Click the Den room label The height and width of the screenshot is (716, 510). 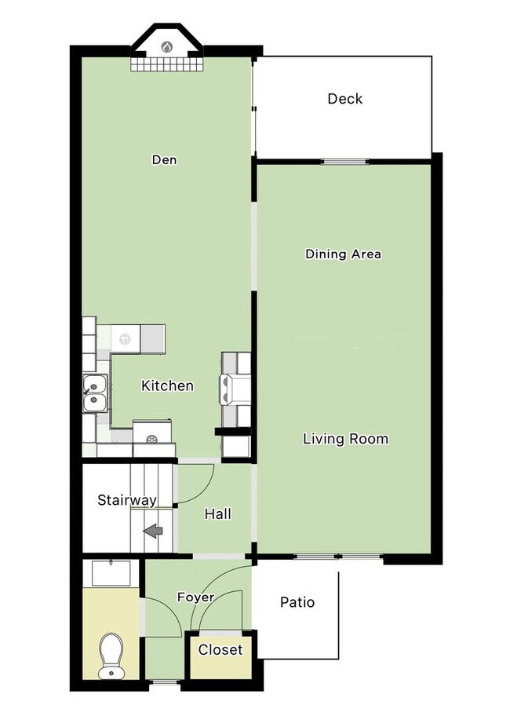pos(164,160)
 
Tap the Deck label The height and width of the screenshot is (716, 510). pos(345,99)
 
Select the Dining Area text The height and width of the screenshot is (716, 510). pos(343,254)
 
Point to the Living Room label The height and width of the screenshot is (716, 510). pos(346,439)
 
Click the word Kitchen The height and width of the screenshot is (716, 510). pos(167,385)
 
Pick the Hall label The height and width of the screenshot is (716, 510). pos(217,514)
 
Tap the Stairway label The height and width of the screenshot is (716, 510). pos(127,500)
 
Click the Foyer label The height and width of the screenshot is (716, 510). pos(195,597)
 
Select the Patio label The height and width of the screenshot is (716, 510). pos(297,602)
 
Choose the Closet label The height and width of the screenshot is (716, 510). pos(220,650)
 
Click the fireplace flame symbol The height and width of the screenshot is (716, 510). pos(167,46)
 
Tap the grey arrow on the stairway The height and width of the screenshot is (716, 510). pos(153,531)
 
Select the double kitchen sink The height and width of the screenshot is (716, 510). pos(95,393)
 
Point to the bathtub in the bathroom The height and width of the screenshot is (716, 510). pos(111,574)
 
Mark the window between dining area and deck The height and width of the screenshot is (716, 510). pos(345,161)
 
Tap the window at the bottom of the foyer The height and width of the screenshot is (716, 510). pos(165,682)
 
